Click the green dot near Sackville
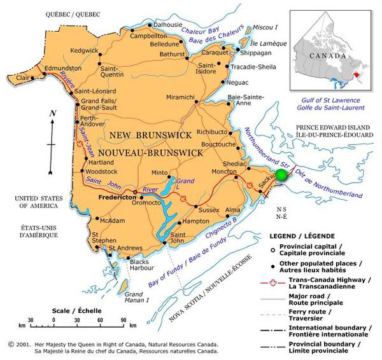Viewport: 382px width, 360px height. [280, 176]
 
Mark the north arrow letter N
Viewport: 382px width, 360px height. [53, 113]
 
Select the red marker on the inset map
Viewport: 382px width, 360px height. [358, 75]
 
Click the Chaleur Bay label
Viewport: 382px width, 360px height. [199, 31]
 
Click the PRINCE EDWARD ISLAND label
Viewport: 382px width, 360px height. [337, 128]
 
